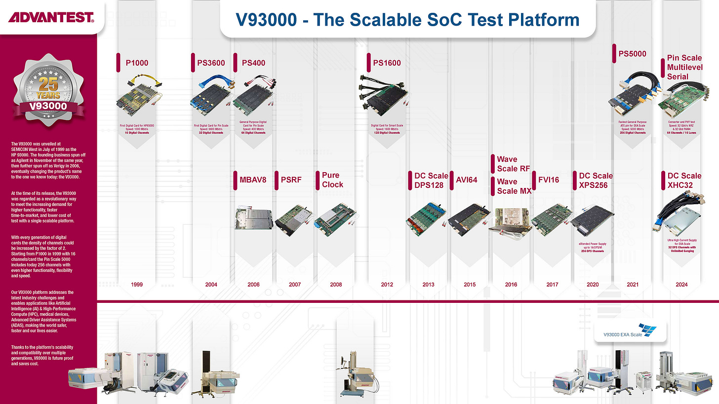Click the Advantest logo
tap(51, 18)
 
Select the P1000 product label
tap(137, 63)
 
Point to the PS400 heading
tap(253, 63)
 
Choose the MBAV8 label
tap(253, 180)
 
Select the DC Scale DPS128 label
tap(431, 180)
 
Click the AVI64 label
tap(467, 180)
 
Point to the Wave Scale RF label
tap(514, 164)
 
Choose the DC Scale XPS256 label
tap(595, 180)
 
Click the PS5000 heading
tap(632, 54)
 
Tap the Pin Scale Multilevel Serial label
tap(684, 67)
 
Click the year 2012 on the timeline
tap(387, 285)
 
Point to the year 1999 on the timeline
tap(137, 285)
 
